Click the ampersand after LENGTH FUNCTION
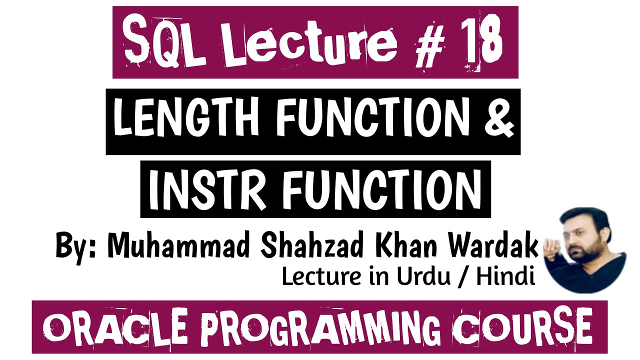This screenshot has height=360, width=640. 498,120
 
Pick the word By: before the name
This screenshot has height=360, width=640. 75,245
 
